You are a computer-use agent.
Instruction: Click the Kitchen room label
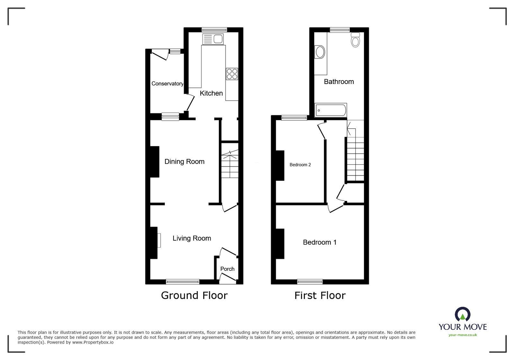pos(211,93)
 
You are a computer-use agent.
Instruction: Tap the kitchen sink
pos(213,39)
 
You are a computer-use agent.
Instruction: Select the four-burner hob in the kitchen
pos(232,74)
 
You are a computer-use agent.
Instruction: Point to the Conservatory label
pos(167,84)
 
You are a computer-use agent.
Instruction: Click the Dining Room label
pos(184,162)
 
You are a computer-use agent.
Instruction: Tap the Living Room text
pos(192,238)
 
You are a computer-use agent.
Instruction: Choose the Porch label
pos(227,269)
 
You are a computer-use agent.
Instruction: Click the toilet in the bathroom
pos(355,40)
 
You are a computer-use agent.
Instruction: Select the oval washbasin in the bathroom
pos(320,52)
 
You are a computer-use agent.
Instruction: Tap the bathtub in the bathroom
pos(331,110)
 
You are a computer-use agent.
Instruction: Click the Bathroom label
pos(339,82)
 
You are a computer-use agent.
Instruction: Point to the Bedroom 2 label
pos(300,165)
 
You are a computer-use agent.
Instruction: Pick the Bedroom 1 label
pos(320,242)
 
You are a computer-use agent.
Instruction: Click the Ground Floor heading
pos(194,295)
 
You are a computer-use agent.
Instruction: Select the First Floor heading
pos(320,295)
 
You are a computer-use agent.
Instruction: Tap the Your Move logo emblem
pos(463,314)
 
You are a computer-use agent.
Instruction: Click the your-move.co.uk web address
pos(463,335)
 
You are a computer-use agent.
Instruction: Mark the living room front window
pos(183,282)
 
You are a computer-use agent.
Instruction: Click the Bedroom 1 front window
pos(310,282)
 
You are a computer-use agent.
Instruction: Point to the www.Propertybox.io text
pos(93,342)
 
